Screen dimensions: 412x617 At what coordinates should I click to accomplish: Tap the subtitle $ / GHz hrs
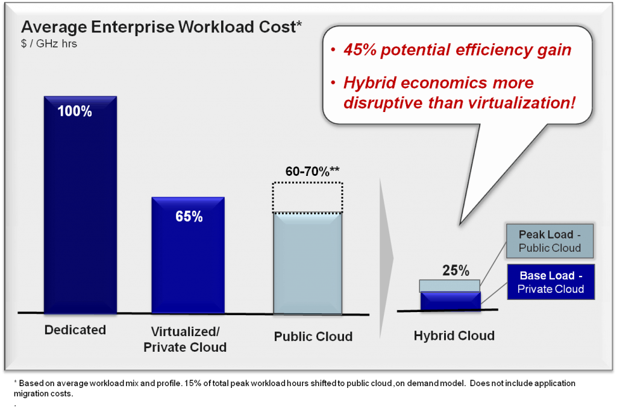click(x=49, y=44)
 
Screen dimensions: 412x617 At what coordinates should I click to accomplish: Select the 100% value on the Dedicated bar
click(x=75, y=111)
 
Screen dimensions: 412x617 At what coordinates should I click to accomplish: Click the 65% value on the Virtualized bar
click(x=189, y=217)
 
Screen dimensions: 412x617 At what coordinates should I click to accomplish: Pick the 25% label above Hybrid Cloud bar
click(x=456, y=270)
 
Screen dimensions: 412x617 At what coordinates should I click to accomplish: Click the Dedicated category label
click(x=75, y=330)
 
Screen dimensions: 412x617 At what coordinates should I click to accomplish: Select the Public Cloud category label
click(x=313, y=337)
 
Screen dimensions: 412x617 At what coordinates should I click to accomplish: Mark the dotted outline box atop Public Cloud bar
click(x=308, y=197)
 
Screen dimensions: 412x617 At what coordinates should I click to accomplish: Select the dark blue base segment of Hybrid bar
click(x=450, y=301)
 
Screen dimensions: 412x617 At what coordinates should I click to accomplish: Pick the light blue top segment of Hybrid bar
click(x=450, y=286)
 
